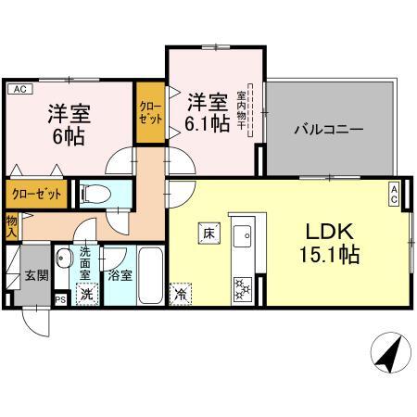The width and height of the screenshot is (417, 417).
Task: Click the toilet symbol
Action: [95, 195]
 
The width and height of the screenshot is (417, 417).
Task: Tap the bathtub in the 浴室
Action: [150, 275]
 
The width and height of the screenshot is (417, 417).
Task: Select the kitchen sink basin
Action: [243, 236]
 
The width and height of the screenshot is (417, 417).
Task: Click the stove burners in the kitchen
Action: [243, 289]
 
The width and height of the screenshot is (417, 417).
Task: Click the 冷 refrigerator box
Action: [181, 294]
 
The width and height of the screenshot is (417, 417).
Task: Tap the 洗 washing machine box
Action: [87, 294]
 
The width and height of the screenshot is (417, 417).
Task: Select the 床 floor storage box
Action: [209, 234]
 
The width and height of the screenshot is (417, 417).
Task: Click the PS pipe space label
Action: [61, 300]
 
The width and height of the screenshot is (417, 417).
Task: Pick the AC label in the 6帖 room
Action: [20, 89]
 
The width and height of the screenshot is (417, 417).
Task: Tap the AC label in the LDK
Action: [394, 194]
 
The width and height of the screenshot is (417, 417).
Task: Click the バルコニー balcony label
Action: [329, 129]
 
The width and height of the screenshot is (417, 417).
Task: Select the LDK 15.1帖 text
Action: [330, 243]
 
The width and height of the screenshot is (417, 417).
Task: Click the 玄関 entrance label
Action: [37, 275]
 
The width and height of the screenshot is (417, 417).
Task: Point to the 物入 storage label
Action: [12, 227]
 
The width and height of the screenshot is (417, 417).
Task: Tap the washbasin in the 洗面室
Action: [64, 258]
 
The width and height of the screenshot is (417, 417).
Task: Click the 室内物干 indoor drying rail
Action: [250, 110]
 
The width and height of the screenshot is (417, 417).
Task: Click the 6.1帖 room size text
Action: [207, 124]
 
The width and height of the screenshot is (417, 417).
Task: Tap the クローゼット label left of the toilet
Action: [36, 195]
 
